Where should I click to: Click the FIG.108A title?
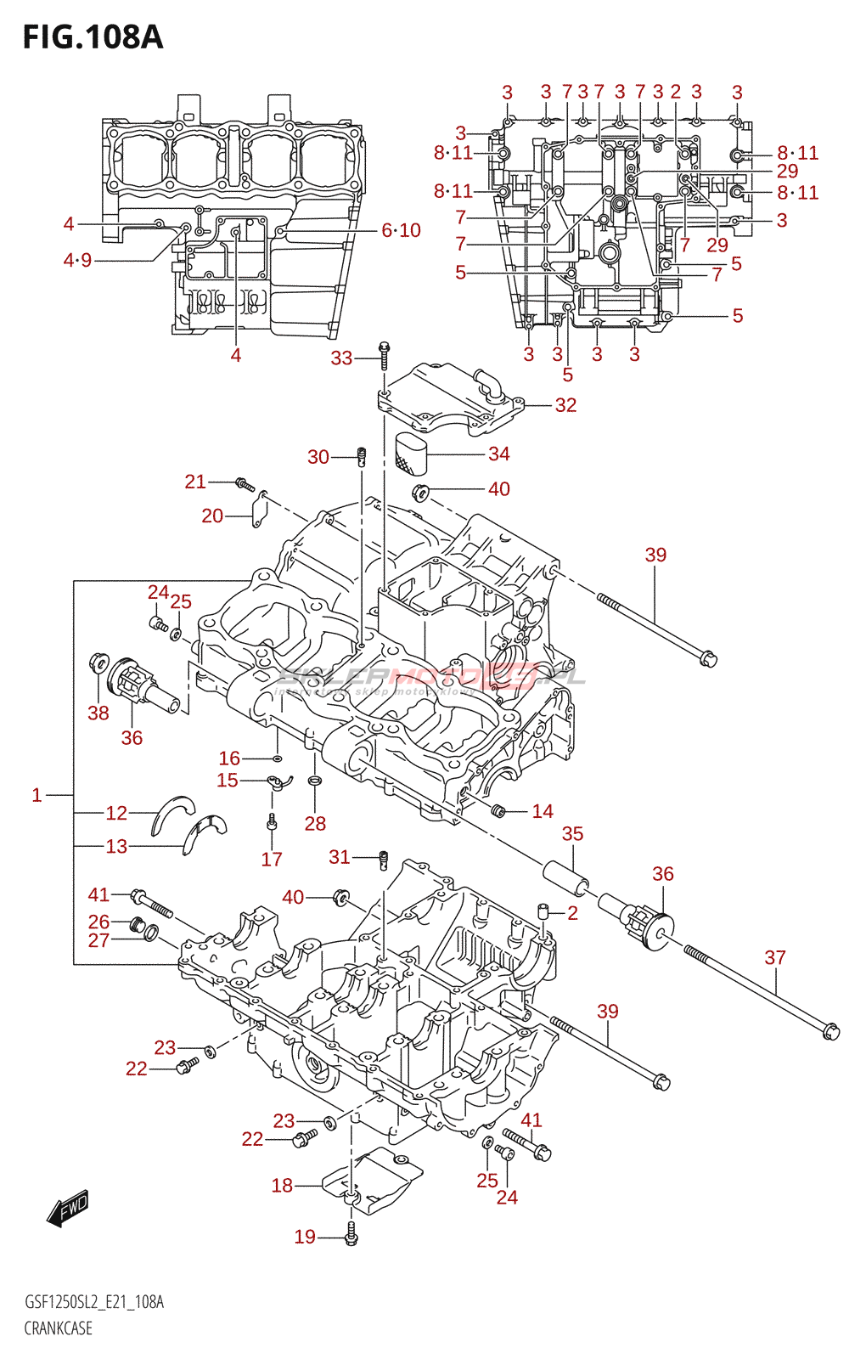coord(93,37)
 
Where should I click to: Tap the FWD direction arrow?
coord(68,1209)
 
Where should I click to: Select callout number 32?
coord(565,405)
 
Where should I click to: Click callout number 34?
coord(498,454)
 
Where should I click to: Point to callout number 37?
coord(774,957)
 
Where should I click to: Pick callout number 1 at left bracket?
coord(37,795)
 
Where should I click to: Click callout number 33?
coord(341,358)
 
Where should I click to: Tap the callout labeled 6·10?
coord(401,230)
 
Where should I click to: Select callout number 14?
coord(542,811)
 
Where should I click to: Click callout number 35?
coord(572,834)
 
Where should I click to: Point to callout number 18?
coord(282,1185)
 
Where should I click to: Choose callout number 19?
coord(305,1237)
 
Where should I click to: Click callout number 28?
coord(315,823)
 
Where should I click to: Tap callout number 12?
coord(116,813)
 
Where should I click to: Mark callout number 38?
coord(98,713)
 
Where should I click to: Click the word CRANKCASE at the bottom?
coord(58,1328)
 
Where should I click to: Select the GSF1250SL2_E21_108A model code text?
coord(94,1302)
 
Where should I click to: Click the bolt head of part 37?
coord(830,1032)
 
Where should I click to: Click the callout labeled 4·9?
coord(77,260)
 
